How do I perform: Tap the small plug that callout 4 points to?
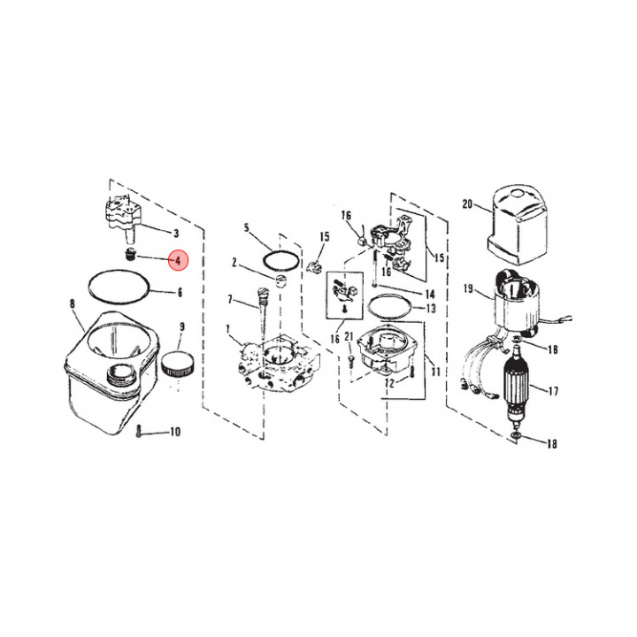[x=130, y=257]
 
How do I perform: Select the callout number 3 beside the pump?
[x=176, y=234]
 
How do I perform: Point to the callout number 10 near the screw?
[x=174, y=432]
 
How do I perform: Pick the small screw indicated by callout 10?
[x=140, y=432]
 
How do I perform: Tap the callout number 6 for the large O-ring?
[x=180, y=293]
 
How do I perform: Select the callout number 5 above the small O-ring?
[x=247, y=228]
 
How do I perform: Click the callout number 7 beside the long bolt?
[x=230, y=299]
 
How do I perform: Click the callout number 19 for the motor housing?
[x=467, y=288]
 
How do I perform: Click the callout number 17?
[x=553, y=389]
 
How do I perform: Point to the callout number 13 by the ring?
[x=431, y=309]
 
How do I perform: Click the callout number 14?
[x=430, y=294]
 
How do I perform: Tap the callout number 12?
[x=388, y=383]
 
